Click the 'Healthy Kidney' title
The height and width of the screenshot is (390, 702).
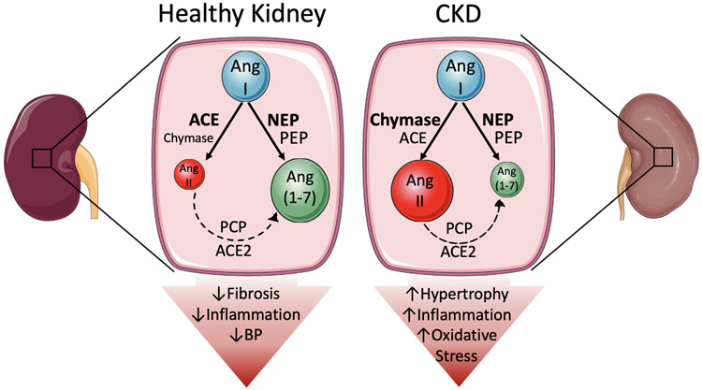click(x=242, y=18)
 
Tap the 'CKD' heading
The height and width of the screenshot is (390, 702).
click(x=457, y=18)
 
